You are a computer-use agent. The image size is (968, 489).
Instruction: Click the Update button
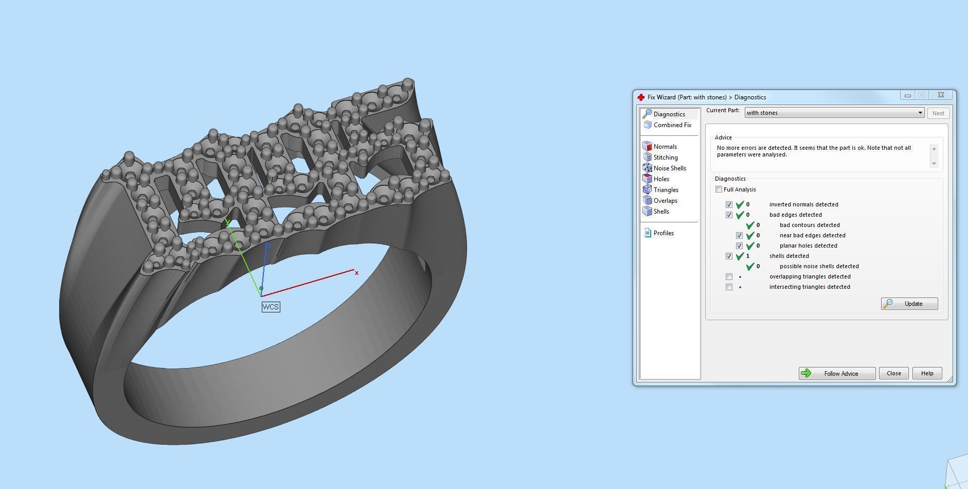pos(909,304)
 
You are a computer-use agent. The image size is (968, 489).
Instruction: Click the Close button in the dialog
pos(893,373)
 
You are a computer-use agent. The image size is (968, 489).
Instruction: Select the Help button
pos(927,373)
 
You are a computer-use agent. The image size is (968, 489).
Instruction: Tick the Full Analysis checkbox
pos(719,189)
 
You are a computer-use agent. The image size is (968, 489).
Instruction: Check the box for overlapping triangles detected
pos(729,277)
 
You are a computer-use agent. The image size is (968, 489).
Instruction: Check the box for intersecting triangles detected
pos(729,287)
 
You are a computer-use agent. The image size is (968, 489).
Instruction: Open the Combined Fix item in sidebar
pos(672,125)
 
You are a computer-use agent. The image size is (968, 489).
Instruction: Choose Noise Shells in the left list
pos(669,168)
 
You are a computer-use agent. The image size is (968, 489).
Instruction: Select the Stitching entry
pos(665,158)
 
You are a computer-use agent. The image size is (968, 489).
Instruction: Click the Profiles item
pos(663,233)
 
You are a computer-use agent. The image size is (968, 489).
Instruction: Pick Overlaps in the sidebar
pos(665,201)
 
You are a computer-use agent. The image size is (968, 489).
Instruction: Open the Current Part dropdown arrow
pos(920,113)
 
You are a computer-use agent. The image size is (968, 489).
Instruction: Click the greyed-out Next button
pos(938,113)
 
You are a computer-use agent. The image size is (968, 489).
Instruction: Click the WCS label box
pos(271,307)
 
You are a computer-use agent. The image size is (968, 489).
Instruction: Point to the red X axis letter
pos(356,273)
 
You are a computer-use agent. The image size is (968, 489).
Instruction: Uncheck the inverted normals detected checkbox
pos(729,205)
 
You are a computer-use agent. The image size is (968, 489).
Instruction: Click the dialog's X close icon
pos(941,95)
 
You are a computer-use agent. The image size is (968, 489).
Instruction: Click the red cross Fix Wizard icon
pos(641,97)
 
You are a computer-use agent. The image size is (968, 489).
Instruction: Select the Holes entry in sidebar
pos(661,179)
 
